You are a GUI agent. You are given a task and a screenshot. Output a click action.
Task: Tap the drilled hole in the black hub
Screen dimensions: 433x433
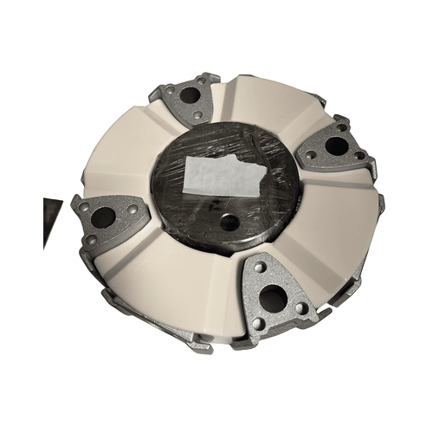(229, 223)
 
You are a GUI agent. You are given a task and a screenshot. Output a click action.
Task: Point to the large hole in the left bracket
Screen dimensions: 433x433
(103, 217)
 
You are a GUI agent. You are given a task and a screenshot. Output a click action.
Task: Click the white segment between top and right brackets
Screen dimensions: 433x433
(268, 108)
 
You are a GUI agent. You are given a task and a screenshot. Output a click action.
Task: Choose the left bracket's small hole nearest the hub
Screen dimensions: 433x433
(132, 209)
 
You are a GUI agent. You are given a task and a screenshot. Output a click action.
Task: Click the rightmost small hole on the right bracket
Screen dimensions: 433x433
(359, 156)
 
